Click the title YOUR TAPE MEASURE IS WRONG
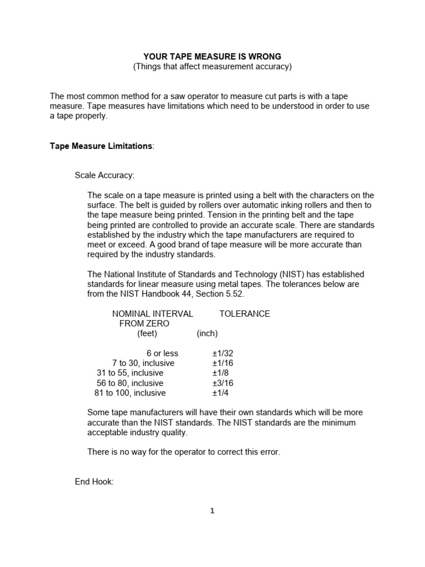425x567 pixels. click(x=212, y=56)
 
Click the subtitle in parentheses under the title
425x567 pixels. click(x=212, y=66)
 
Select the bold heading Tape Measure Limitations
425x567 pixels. click(x=101, y=146)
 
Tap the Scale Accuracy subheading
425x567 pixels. click(x=105, y=176)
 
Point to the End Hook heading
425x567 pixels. click(x=94, y=482)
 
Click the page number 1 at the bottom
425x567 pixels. click(x=212, y=511)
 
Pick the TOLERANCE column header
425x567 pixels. click(x=245, y=313)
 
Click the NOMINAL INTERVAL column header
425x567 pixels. click(x=153, y=313)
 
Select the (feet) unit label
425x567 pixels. click(x=147, y=333)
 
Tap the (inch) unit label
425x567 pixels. click(x=207, y=333)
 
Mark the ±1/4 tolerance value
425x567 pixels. click(x=220, y=393)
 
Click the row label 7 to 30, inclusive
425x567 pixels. click(x=143, y=363)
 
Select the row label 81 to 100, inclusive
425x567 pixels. click(x=130, y=393)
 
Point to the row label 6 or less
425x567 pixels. click(x=162, y=353)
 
